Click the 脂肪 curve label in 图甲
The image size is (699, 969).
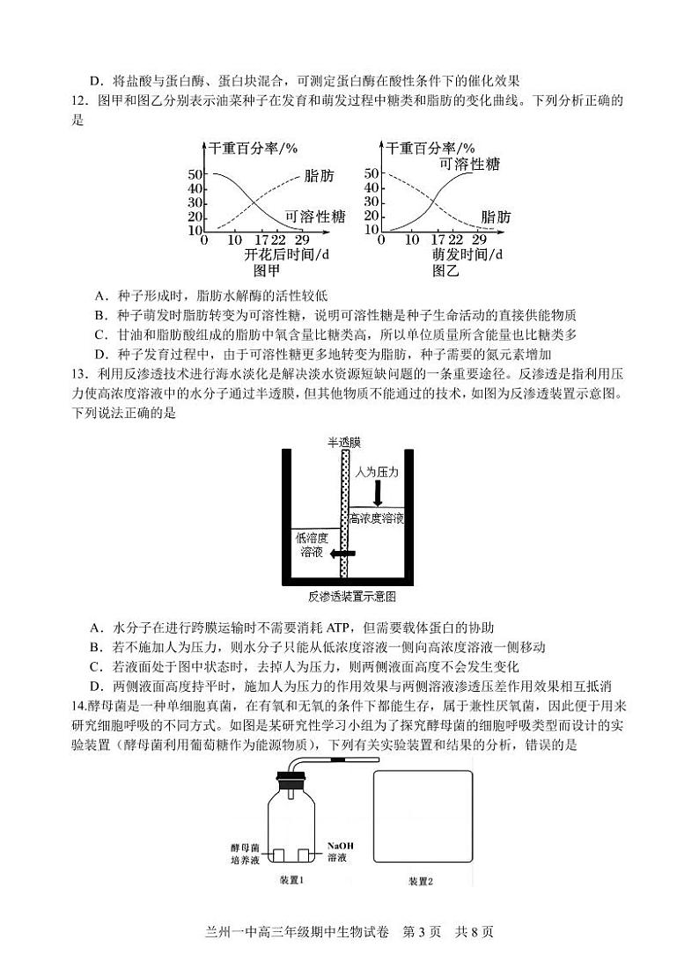[x=319, y=177]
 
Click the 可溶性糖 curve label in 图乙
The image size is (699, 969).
[x=470, y=163]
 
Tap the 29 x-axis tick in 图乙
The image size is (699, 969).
[x=480, y=239]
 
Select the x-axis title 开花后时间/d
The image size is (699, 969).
[x=288, y=255]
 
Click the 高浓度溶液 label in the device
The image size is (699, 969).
[x=377, y=518]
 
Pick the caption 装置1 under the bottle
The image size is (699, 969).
[x=291, y=880]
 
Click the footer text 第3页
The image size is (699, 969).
[x=425, y=933]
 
